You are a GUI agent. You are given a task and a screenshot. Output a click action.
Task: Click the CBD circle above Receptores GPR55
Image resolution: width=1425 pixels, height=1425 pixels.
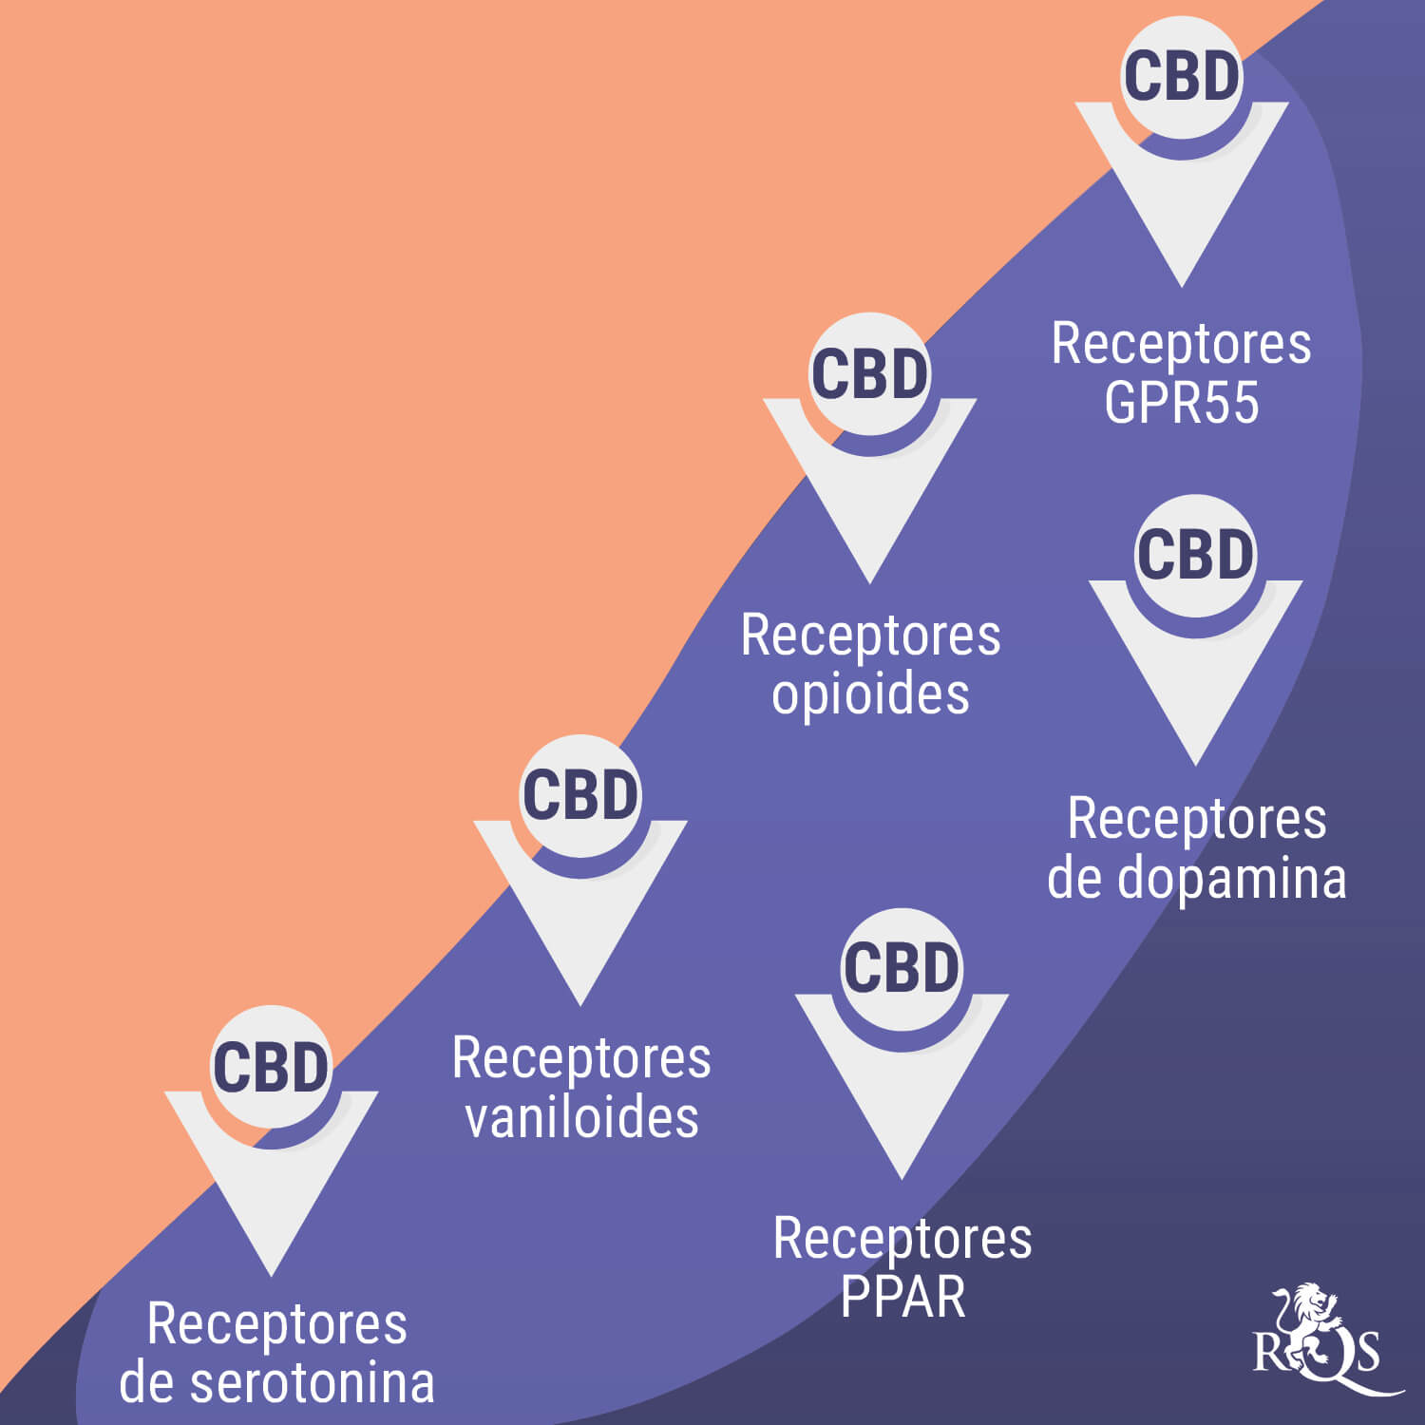1182,76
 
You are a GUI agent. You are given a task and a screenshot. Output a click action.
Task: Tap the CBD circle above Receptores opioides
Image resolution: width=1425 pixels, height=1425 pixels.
869,373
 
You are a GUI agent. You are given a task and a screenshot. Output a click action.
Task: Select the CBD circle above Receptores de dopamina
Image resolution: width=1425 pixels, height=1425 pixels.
1195,555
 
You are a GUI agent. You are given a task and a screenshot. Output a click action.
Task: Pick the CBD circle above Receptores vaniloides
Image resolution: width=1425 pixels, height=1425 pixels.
580,795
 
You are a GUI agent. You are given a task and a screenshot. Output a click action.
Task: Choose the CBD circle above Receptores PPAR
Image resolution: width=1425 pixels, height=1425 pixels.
902,969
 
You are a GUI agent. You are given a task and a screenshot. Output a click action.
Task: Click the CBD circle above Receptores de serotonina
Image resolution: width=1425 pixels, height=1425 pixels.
271,1067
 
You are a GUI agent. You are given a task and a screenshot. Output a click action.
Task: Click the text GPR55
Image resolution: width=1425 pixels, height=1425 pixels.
1181,403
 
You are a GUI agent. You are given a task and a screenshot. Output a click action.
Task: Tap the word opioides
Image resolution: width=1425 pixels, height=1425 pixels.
870,694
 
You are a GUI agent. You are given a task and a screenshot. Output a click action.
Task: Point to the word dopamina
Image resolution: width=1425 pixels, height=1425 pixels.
1232,878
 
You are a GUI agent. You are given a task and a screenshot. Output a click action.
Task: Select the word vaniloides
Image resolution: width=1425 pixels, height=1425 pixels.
581,1117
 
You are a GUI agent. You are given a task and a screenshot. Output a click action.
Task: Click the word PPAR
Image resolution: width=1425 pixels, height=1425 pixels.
902,1297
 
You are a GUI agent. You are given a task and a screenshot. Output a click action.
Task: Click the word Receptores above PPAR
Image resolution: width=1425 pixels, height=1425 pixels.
902,1239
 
